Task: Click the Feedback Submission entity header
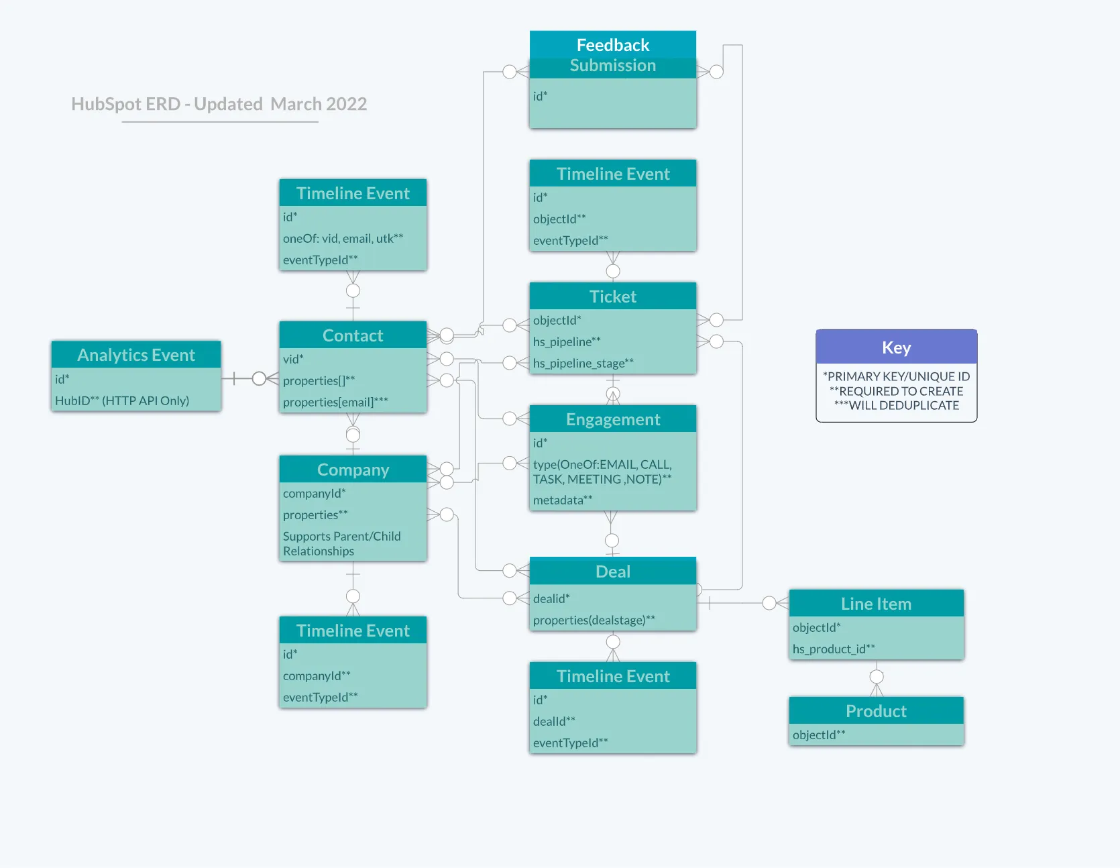612,54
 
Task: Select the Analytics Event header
136,355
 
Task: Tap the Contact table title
353,335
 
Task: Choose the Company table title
353,470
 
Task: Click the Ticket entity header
612,296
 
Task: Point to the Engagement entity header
612,419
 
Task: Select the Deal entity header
612,572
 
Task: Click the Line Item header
876,604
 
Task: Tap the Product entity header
876,711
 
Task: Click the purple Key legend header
896,347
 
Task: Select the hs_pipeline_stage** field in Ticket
583,363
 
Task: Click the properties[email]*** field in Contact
335,402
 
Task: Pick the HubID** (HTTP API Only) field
122,400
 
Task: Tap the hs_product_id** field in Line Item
834,649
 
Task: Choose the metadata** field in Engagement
563,500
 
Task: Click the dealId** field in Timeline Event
554,721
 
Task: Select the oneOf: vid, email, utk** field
343,238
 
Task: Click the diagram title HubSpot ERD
219,104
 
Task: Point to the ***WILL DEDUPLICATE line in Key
896,405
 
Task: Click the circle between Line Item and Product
876,676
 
